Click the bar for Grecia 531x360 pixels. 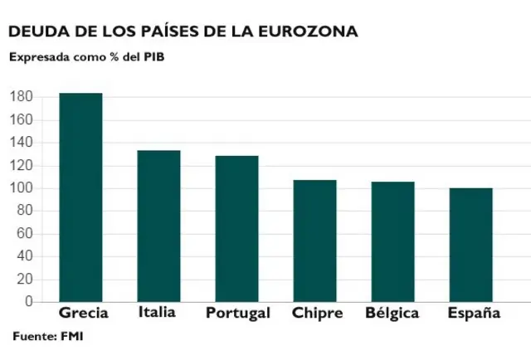pyautogui.click(x=80, y=197)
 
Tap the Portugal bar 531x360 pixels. pyautogui.click(x=236, y=228)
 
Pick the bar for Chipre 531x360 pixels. pyautogui.click(x=314, y=241)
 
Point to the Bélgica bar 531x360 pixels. pyautogui.click(x=392, y=241)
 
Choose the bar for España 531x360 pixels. pyautogui.click(x=470, y=245)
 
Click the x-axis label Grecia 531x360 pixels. pyautogui.click(x=84, y=313)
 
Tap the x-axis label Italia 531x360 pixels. pyautogui.click(x=156, y=312)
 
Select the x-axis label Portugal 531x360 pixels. pyautogui.click(x=237, y=314)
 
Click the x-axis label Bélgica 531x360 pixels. pyautogui.click(x=392, y=314)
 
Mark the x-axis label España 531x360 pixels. pyautogui.click(x=474, y=314)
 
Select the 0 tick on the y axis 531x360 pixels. pyautogui.click(x=27, y=302)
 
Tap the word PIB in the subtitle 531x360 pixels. pyautogui.click(x=153, y=57)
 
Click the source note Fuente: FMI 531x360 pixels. pyautogui.click(x=48, y=336)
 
